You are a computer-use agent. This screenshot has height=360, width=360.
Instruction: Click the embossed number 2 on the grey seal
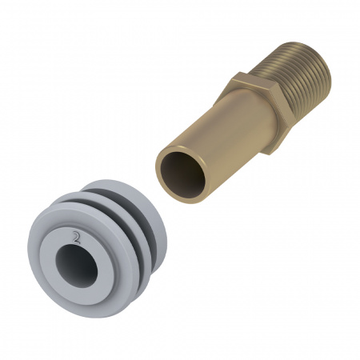click(76, 238)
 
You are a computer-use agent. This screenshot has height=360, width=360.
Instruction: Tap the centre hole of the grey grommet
click(77, 266)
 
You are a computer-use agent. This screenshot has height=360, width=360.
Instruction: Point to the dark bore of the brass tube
click(183, 175)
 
